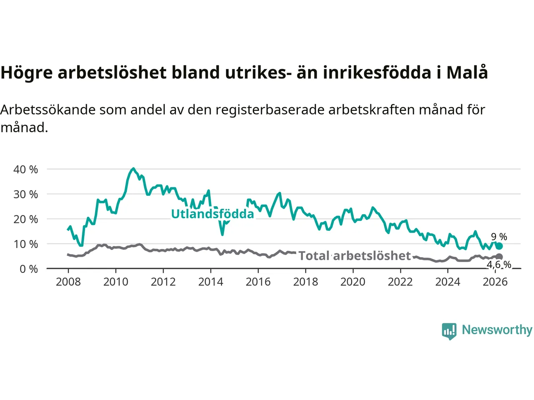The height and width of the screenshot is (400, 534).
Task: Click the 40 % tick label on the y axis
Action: (25, 170)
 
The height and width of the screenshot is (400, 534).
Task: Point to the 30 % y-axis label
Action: (25, 195)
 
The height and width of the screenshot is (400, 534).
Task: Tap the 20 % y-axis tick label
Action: (25, 219)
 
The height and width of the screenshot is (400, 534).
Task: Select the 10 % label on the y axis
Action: (25, 244)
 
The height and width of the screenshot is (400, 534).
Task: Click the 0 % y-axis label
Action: (28, 269)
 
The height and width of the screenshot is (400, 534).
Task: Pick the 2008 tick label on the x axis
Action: (68, 282)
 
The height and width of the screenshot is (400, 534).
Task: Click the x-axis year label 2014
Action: (211, 282)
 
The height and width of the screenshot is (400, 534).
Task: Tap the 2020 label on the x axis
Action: (353, 282)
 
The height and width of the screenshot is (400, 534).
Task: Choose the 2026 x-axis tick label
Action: (495, 282)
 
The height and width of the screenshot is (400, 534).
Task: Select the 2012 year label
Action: (163, 282)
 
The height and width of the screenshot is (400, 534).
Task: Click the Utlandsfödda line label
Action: (212, 214)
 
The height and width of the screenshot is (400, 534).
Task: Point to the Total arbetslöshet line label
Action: (355, 256)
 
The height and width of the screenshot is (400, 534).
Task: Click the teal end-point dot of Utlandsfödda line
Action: (499, 246)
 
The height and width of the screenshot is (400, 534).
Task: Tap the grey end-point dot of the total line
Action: (499, 257)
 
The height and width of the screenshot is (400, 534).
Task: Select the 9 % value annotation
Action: (499, 237)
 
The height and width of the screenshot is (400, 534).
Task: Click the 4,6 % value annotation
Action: (499, 265)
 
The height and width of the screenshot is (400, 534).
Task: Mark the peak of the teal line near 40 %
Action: (133, 169)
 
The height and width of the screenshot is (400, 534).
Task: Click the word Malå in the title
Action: (467, 72)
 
